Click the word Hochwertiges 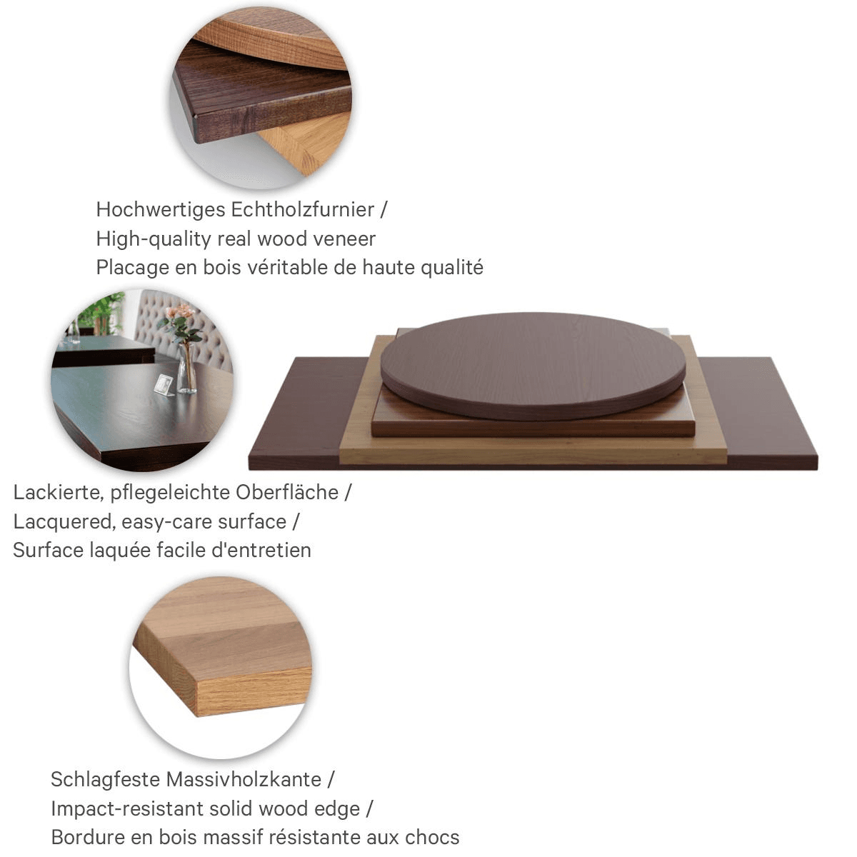coord(161,210)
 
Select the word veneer coord(344,239)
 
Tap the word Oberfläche coord(287,492)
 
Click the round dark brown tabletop coord(533,366)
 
